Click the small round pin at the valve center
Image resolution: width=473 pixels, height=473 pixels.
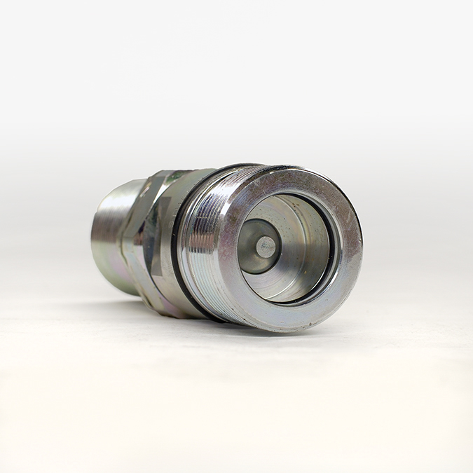point(266,246)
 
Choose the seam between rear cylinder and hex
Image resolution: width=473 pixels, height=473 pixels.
point(126,238)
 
